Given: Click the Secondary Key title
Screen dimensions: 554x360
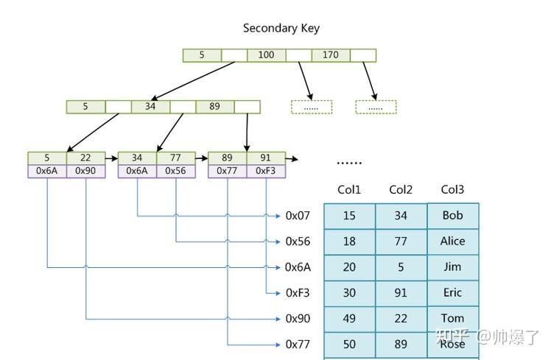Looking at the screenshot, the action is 281,28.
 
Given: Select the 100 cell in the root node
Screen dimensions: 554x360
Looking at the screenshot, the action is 267,55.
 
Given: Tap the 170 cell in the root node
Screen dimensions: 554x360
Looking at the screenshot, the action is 331,55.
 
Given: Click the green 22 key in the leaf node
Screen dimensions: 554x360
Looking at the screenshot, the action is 86,158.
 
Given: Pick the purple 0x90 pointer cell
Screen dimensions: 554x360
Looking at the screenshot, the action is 86,172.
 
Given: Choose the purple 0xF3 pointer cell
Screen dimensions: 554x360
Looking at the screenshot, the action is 266,172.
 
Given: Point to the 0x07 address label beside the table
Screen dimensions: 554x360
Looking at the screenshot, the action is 298,216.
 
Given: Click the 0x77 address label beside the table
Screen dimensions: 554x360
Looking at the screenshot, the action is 298,345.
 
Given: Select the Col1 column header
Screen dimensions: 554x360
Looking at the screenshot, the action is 349,190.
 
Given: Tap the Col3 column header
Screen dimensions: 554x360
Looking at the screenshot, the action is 452,190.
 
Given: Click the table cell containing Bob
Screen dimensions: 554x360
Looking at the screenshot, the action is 453,216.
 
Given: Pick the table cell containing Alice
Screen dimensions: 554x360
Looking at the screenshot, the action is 453,241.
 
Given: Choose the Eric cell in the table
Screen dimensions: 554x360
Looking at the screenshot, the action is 453,293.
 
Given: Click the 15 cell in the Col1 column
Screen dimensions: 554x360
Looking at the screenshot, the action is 350,216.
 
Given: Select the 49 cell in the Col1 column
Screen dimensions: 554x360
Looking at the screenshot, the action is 350,319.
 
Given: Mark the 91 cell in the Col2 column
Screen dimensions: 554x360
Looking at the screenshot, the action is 402,293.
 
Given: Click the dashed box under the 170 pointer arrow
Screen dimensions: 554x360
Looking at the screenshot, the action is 376,107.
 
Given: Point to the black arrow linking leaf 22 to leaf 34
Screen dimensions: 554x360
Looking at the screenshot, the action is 112,158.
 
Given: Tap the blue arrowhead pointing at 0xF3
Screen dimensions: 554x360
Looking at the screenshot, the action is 278,293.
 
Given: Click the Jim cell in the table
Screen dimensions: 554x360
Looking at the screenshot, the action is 453,267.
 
